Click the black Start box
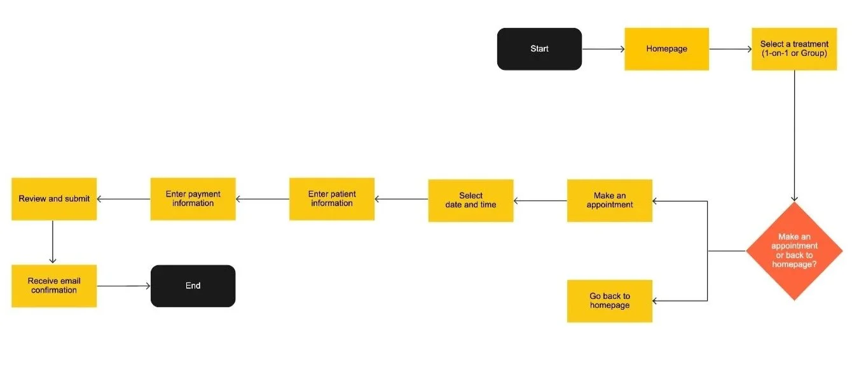539,49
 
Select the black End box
193,286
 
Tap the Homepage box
666,49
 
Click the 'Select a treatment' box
794,49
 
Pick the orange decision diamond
795,251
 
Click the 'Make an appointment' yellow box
609,200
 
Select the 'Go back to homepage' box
609,301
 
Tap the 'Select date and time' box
471,200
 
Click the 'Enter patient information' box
331,199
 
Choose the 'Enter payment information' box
193,199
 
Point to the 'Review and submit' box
54,199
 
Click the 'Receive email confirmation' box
54,286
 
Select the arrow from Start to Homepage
603,49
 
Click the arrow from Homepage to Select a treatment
730,49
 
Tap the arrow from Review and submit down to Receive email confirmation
53,242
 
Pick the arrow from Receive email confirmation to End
123,286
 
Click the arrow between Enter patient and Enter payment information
262,199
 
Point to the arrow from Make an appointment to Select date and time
540,201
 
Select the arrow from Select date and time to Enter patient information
401,199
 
